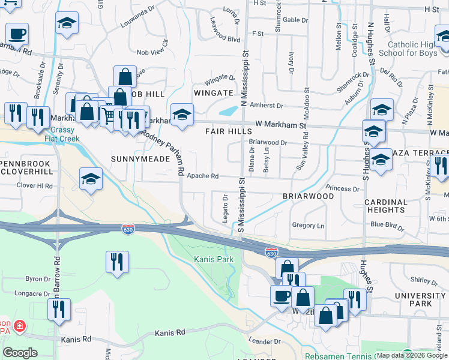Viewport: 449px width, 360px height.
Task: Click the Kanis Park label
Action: pos(213,260)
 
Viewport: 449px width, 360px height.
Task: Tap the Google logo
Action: pos(20,353)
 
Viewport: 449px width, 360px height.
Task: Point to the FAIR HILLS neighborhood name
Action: pos(228,131)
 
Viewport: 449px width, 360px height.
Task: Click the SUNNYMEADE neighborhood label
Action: pos(136,159)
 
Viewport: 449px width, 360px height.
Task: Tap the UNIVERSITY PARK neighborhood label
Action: pos(420,299)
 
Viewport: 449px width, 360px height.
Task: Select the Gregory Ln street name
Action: pos(307,226)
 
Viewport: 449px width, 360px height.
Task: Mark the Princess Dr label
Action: pos(343,188)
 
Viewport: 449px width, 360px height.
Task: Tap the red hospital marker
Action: pos(20,325)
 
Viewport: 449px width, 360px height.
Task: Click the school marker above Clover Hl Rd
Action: pos(91,178)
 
